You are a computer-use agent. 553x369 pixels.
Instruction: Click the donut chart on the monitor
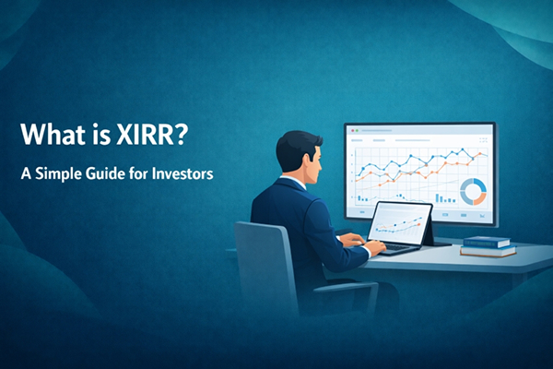[472, 191]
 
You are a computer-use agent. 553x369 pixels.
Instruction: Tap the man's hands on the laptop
[352, 241]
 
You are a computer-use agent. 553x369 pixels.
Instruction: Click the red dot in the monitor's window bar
[351, 131]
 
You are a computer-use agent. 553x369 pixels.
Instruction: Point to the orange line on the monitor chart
[415, 181]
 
